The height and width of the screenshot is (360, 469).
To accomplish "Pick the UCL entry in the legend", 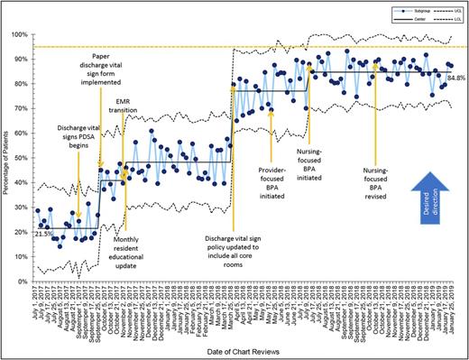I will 434,10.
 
